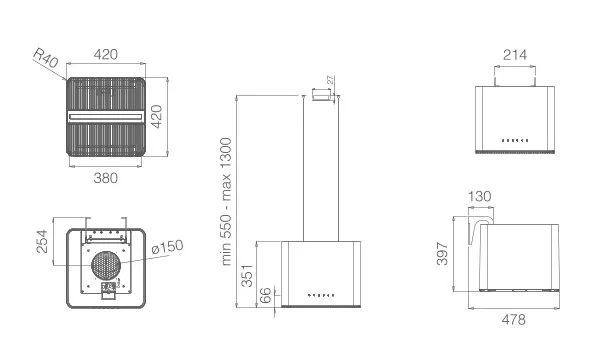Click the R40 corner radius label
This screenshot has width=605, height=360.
click(46, 57)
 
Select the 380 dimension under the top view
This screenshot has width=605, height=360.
click(105, 178)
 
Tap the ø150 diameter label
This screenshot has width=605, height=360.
click(167, 247)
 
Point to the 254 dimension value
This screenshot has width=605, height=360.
click(42, 242)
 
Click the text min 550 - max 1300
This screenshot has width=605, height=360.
click(226, 201)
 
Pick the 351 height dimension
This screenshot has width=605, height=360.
click(247, 276)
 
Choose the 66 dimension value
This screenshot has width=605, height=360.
click(265, 295)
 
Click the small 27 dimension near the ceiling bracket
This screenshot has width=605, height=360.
click(331, 80)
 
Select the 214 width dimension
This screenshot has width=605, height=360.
click(515, 55)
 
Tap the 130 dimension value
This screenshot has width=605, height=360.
click(480, 196)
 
